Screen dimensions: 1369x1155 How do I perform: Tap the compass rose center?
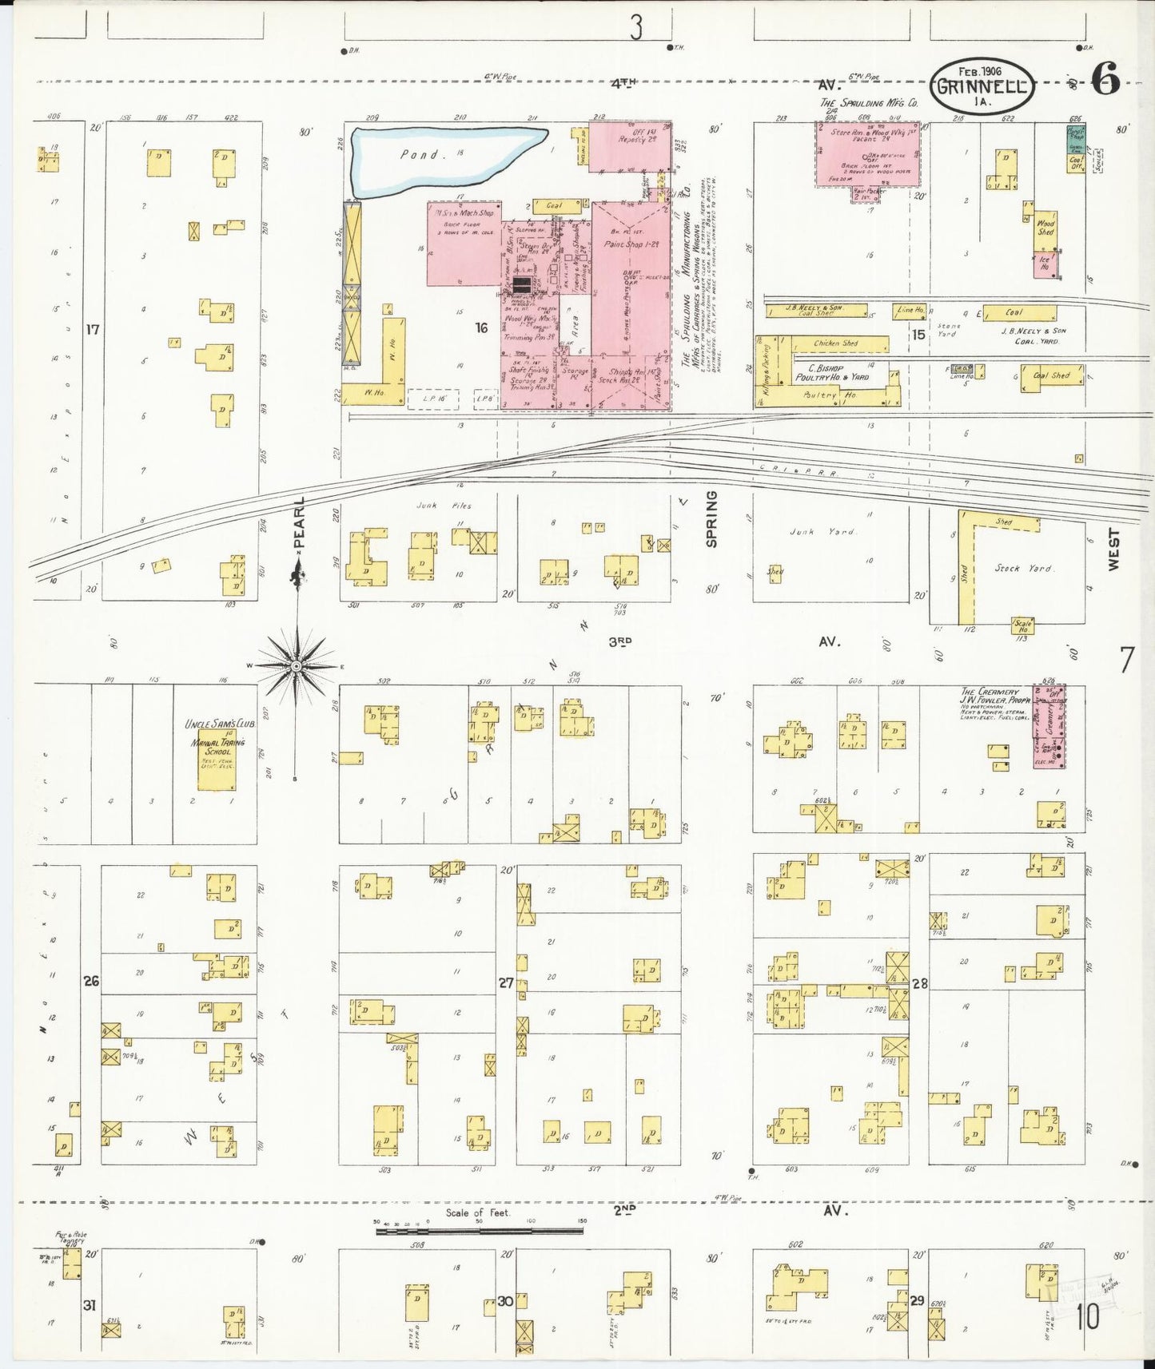[297, 665]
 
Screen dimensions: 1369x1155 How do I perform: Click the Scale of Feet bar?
[480, 1231]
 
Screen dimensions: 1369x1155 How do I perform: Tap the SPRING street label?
[711, 519]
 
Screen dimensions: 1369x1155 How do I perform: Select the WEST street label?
[1114, 550]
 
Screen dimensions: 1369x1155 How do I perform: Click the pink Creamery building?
[1049, 726]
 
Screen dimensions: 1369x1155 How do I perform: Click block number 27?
[506, 982]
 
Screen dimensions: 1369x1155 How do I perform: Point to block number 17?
[93, 328]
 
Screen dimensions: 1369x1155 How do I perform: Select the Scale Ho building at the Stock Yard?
[1022, 625]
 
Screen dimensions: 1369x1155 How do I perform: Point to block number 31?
[90, 1306]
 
